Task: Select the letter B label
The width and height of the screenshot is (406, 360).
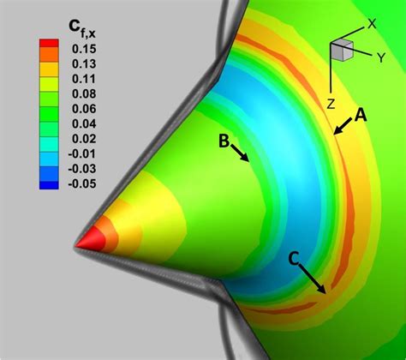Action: tap(223, 141)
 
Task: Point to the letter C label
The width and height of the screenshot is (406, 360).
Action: tap(293, 258)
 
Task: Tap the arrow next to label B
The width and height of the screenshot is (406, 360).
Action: tap(242, 153)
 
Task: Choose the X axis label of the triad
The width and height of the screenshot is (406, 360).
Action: tap(372, 25)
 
